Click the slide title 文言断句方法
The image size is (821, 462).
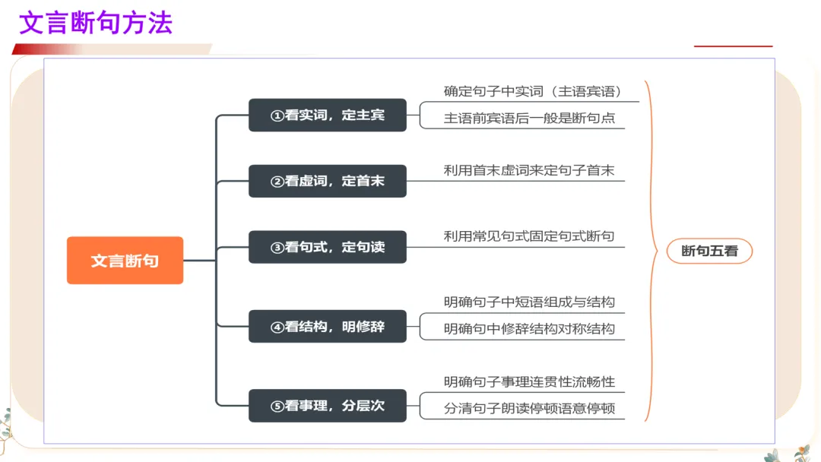[96, 23]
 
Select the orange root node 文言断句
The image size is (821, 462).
[125, 261]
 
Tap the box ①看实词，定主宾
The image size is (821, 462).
[328, 115]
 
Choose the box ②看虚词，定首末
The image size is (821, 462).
[328, 181]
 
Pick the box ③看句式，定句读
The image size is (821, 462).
[328, 247]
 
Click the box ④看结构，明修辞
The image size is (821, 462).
[328, 327]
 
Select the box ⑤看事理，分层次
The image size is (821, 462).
[328, 406]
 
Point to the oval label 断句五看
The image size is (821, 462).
[709, 251]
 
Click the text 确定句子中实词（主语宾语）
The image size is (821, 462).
[533, 91]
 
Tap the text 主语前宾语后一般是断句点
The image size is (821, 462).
[529, 119]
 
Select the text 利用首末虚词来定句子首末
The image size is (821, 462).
[529, 170]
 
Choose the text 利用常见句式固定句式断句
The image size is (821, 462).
[529, 236]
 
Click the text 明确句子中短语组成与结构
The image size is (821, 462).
[529, 302]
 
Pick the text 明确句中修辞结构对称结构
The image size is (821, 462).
[529, 330]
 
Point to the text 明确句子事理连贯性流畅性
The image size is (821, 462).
[529, 381]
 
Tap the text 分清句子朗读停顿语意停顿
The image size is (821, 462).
[529, 409]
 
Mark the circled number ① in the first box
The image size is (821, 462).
[277, 116]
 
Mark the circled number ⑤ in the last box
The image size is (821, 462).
[277, 407]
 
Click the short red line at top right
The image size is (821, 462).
[733, 46]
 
